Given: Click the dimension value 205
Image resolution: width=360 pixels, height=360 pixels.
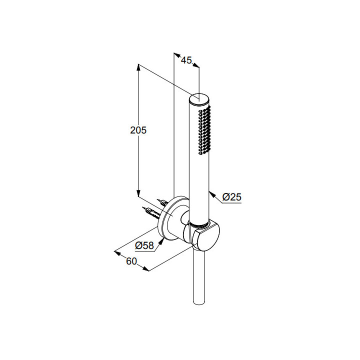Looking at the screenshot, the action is click(x=138, y=130).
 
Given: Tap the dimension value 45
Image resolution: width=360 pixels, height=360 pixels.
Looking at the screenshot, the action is click(x=186, y=60).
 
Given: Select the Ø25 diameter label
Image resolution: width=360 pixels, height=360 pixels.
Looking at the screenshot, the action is click(x=232, y=197).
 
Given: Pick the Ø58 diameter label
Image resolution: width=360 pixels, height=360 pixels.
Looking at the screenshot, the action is click(x=144, y=245).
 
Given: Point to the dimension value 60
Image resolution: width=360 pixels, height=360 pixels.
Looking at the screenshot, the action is click(x=131, y=261).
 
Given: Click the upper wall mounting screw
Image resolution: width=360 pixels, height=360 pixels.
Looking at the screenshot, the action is click(x=162, y=202).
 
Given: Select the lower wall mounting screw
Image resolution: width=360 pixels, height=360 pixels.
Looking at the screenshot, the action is click(x=151, y=212).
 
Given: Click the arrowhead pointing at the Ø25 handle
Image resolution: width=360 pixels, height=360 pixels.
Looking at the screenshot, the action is click(x=212, y=194).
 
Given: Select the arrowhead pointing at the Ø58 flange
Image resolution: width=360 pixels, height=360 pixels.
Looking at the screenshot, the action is click(x=162, y=241).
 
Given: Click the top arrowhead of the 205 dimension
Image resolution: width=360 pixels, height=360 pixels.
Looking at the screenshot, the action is click(x=138, y=67).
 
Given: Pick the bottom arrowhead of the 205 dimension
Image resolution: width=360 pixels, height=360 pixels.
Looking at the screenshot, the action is click(x=138, y=193).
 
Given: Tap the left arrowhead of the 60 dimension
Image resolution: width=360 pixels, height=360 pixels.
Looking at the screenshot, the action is click(x=117, y=253).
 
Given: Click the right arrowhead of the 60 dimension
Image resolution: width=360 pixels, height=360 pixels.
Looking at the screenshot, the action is click(x=146, y=269).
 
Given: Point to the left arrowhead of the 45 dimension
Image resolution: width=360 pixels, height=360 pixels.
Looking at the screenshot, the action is click(x=177, y=55).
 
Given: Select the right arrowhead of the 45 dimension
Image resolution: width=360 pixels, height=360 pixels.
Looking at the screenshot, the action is click(x=196, y=65).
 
